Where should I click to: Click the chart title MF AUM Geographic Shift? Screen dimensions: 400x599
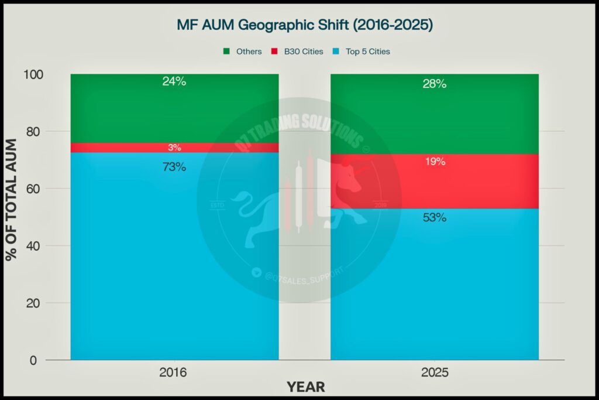pos(304,26)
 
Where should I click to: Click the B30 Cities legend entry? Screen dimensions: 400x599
pos(298,52)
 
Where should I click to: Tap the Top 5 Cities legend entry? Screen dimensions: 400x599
pos(364,52)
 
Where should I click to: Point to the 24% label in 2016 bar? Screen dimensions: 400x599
pos(174,82)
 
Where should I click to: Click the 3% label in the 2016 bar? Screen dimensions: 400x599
pos(174,148)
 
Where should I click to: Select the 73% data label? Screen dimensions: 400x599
pos(174,167)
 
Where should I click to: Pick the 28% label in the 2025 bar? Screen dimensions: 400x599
pos(434,84)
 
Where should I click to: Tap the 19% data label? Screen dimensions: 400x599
pos(434,162)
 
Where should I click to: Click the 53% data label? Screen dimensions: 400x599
pos(434,218)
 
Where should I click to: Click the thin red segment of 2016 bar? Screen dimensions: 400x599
pos(117,148)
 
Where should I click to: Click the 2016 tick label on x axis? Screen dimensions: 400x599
pos(174,372)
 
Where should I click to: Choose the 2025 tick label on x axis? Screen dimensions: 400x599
pos(434,372)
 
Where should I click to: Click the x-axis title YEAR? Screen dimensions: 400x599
pos(305,387)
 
